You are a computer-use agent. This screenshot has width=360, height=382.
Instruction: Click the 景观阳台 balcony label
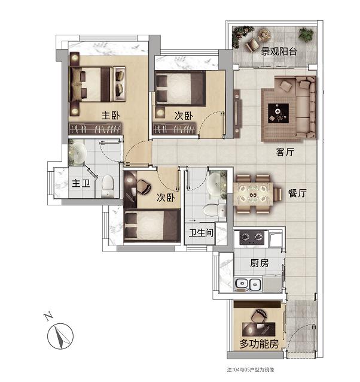279,51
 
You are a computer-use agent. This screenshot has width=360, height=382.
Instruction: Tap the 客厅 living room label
285,152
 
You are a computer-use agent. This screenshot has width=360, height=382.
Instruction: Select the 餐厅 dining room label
297,193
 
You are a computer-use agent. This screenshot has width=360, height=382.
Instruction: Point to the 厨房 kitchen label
260,263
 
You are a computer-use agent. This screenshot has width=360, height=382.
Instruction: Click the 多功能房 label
259,344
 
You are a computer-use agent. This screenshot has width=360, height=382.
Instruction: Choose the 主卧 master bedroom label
111,115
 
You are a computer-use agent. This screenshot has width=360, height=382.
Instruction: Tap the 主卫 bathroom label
81,183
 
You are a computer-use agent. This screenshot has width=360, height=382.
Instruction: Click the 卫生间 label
201,233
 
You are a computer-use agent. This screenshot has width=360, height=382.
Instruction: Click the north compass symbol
60,336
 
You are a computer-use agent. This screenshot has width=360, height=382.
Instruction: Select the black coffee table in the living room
278,113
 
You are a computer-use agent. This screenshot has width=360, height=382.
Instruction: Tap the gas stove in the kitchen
252,237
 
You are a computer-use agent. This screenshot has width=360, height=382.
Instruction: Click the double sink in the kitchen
248,284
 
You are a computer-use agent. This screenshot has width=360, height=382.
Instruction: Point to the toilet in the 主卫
107,186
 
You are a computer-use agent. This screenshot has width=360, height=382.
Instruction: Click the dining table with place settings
253,195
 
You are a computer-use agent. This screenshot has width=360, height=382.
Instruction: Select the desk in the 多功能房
259,329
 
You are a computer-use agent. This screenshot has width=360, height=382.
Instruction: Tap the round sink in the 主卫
77,153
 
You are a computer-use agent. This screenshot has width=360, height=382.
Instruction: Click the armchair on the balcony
252,44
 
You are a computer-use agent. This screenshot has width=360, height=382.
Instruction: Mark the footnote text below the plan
251,369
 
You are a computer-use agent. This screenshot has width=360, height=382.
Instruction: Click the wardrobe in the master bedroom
95,129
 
